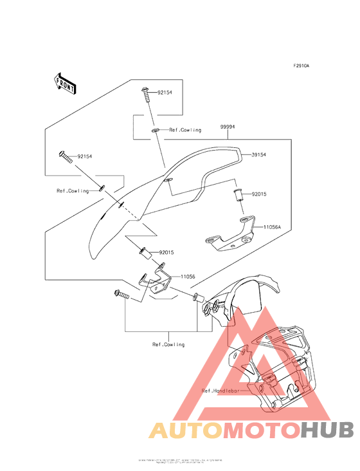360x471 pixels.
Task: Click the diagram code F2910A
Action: click(x=301, y=66)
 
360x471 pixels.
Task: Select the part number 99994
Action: click(x=227, y=127)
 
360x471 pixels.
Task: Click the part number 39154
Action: click(x=259, y=155)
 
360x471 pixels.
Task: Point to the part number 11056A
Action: click(x=273, y=226)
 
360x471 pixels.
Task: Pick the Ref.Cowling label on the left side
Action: click(x=72, y=191)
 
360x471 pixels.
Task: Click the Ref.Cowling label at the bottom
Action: click(x=168, y=344)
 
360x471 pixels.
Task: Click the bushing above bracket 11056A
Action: click(x=239, y=194)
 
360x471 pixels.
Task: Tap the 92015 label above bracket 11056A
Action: click(x=259, y=193)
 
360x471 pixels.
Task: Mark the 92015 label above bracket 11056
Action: click(x=167, y=253)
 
